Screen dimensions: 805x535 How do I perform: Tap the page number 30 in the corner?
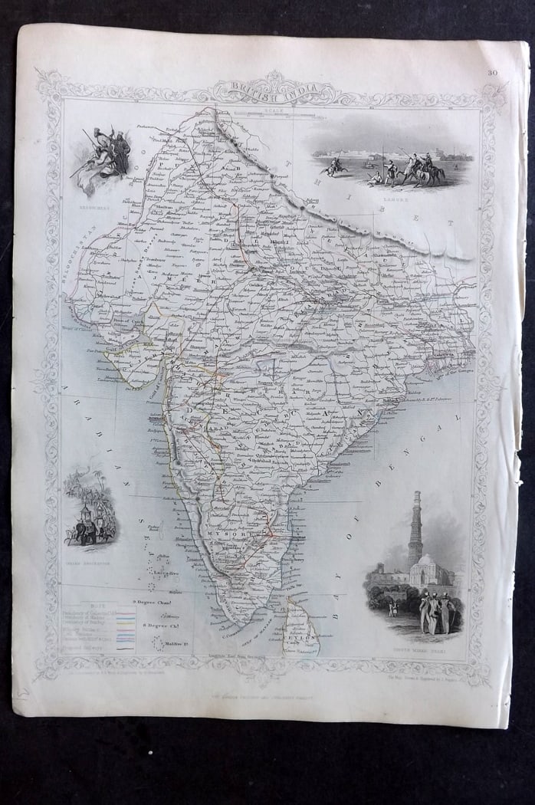pos(491,74)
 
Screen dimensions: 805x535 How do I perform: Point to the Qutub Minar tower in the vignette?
pos(415,529)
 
